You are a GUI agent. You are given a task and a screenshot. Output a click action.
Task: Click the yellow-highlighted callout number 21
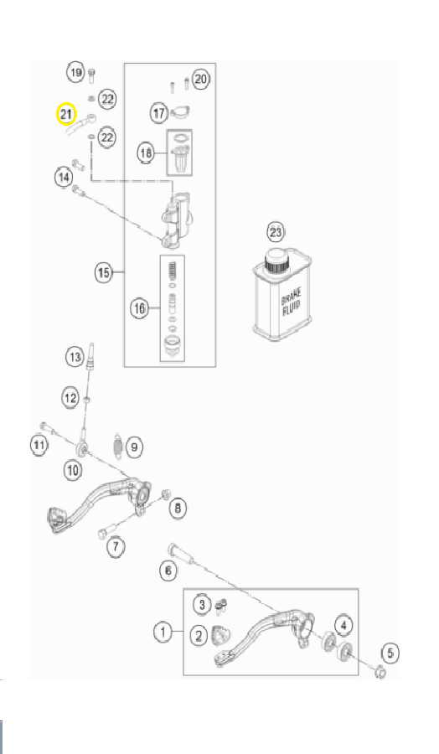coord(66,115)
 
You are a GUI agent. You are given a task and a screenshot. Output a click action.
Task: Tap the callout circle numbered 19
coord(75,73)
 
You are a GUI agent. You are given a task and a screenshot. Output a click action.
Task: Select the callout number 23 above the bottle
coord(275,233)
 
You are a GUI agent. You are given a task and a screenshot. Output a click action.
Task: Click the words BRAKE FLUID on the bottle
coord(291,302)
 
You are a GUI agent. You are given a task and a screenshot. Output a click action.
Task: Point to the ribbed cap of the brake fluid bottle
coord(276,262)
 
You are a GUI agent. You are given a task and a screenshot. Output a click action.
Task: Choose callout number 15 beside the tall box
coord(104,272)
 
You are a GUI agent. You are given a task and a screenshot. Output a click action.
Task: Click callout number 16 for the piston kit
coord(139,308)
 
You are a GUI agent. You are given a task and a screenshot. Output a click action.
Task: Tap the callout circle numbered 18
coord(146,153)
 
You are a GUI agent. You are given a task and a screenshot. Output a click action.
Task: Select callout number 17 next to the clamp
coord(158,113)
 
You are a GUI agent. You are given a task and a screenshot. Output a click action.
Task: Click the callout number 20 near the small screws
coord(201,79)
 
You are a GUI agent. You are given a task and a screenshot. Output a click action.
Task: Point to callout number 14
coord(64,178)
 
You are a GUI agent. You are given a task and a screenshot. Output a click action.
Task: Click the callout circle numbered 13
coord(75,357)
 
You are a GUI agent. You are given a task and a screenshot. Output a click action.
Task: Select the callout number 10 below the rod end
coord(73,470)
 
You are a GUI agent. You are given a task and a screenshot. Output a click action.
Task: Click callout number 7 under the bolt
coord(116,547)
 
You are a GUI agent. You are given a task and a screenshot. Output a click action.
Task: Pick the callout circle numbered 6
coord(168,571)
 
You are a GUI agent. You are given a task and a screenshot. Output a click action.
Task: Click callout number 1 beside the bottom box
coord(163,632)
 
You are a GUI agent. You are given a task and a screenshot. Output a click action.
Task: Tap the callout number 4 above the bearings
coord(343,625)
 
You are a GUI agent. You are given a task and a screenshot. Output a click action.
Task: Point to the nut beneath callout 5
coord(380,672)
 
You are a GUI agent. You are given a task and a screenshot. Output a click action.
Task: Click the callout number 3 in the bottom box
coord(202,604)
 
